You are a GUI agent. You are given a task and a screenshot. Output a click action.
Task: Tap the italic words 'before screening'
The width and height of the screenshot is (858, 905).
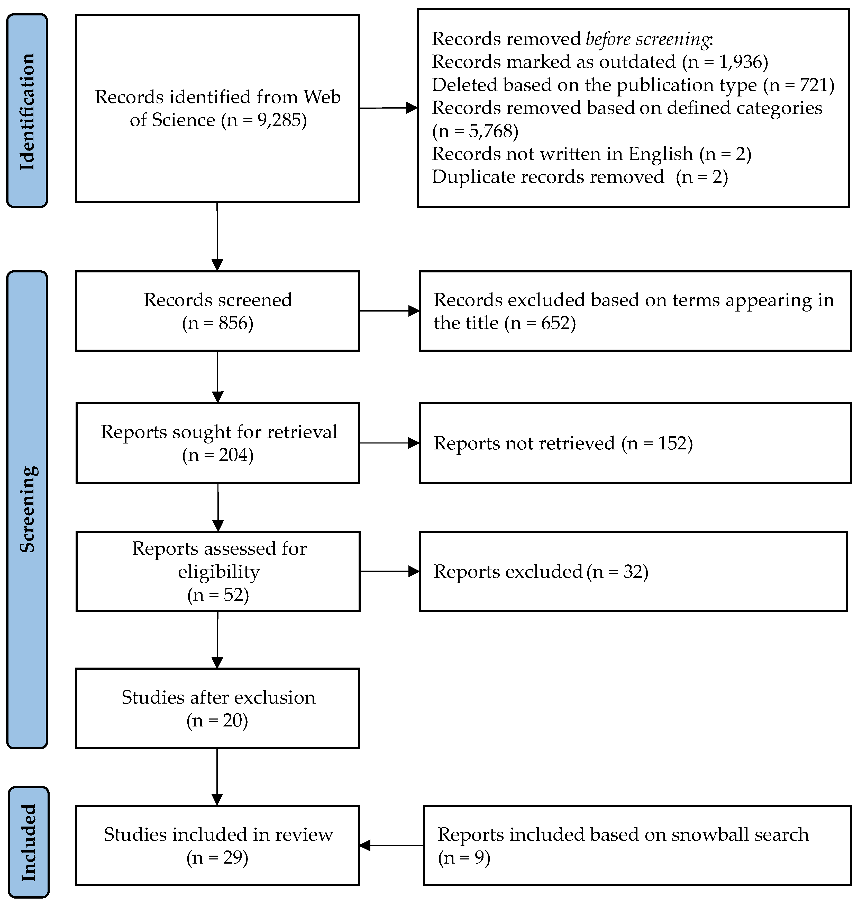point(647,39)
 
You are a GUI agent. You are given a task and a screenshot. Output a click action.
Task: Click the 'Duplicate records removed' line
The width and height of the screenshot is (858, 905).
point(547,177)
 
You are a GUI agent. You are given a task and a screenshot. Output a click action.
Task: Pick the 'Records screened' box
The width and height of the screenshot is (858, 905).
point(218,311)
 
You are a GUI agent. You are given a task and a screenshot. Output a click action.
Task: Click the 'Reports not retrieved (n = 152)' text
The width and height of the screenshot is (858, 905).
point(563,443)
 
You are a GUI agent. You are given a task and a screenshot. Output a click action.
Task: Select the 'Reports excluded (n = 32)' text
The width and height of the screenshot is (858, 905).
point(541,572)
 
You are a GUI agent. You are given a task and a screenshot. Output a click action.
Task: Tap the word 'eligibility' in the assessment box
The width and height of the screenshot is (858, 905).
point(219,572)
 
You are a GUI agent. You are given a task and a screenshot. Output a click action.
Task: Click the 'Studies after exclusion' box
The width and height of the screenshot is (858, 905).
point(218,709)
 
